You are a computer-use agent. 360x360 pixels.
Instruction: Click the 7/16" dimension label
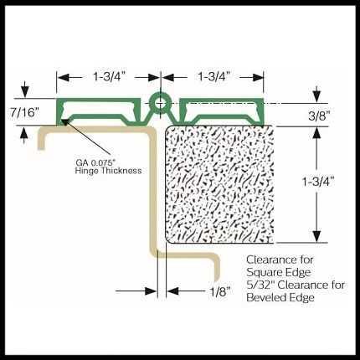24,113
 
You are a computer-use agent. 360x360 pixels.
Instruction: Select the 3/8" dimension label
319,116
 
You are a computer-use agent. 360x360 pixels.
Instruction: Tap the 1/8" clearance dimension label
220,292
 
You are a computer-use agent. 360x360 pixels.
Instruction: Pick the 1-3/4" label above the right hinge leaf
214,76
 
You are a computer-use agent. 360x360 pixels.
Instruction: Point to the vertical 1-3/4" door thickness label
318,182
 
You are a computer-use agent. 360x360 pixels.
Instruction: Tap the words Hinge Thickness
108,171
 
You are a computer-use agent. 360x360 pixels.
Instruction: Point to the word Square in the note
263,272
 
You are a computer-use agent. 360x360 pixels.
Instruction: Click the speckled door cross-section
219,184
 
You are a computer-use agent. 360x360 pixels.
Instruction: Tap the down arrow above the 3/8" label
316,94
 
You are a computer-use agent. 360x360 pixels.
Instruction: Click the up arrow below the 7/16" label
25,136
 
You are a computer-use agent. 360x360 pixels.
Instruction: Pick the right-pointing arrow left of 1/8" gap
136,291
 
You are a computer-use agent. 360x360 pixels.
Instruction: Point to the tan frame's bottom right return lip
217,268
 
